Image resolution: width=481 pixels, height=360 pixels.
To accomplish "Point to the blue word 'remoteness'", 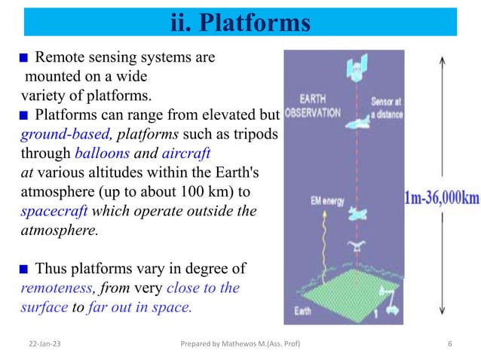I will click(x=54, y=288).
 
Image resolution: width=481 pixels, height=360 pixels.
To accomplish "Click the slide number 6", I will click(x=449, y=343).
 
